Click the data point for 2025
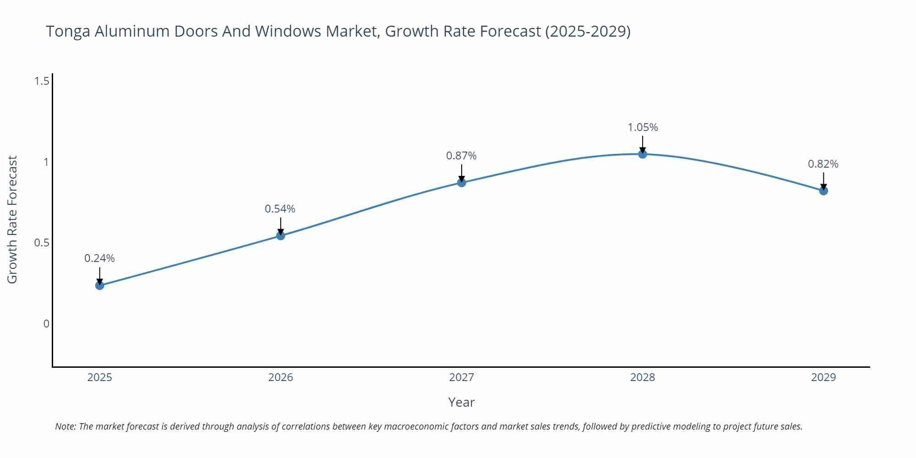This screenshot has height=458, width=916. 99,285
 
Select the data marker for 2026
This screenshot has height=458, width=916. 281,235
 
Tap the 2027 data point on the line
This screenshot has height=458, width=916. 462,182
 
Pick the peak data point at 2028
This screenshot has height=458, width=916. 643,154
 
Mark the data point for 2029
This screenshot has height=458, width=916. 823,191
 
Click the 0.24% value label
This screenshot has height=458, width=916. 99,258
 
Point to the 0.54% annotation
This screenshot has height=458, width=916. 280,209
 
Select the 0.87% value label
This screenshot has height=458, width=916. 461,156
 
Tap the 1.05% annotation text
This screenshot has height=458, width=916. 643,127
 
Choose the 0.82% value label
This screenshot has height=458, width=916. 823,164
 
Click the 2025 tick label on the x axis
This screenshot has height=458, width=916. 99,377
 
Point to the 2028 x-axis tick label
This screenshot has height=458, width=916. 643,377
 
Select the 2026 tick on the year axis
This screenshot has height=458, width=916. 281,377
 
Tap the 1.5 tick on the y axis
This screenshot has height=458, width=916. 42,82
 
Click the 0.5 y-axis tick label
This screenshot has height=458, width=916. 42,243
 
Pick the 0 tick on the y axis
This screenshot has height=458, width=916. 46,324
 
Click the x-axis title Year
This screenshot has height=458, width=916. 461,402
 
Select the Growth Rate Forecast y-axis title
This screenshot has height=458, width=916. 12,219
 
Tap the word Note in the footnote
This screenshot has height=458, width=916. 65,426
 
